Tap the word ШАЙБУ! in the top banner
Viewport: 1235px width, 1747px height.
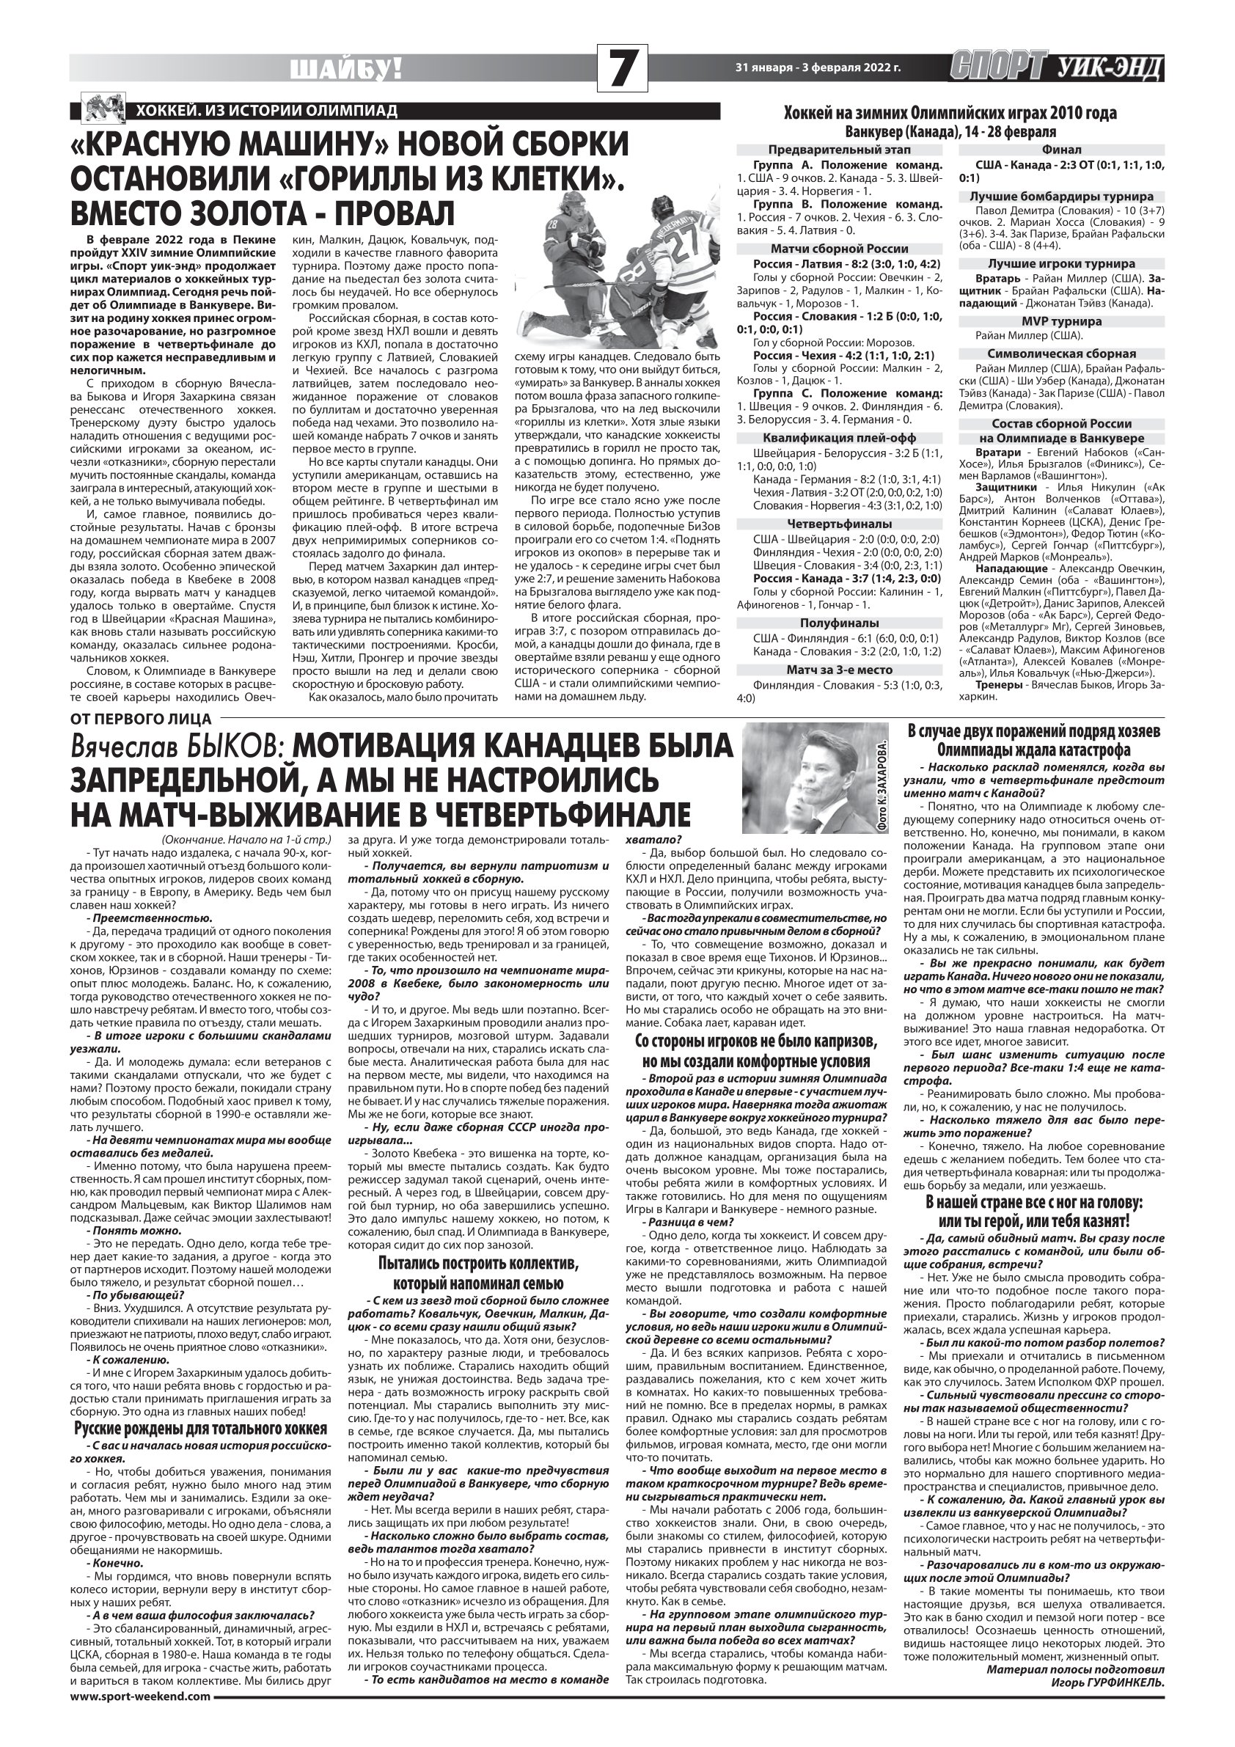346,70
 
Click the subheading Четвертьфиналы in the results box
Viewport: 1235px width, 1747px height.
839,524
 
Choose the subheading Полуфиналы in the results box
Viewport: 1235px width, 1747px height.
839,623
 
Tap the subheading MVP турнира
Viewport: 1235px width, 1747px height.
1061,321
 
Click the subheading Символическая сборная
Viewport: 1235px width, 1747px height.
1061,353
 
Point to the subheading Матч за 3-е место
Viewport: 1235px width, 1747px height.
839,670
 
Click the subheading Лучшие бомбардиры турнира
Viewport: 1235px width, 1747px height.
1061,197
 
